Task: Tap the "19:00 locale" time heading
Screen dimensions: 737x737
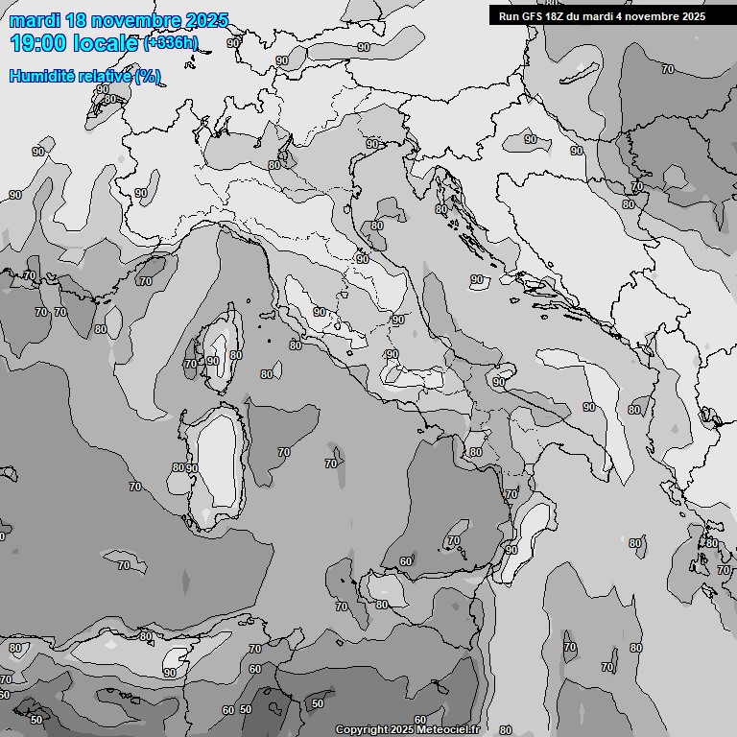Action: tap(73, 42)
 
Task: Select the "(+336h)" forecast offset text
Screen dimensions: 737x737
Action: tap(171, 42)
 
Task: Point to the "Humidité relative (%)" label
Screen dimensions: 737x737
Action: tap(84, 76)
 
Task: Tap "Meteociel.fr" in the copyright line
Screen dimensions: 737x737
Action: tap(445, 729)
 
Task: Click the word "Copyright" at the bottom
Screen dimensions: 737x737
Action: tap(362, 729)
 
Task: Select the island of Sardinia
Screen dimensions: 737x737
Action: tap(219, 461)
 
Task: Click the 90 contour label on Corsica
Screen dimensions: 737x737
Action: tap(213, 361)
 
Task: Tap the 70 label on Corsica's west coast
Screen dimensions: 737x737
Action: tap(190, 364)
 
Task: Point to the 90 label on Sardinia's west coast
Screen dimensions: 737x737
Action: tap(192, 468)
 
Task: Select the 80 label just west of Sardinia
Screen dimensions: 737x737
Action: tap(178, 467)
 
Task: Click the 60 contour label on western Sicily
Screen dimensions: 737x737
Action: tap(406, 561)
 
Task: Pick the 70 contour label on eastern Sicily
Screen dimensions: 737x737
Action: tap(453, 541)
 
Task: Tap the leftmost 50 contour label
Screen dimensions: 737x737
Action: tap(36, 719)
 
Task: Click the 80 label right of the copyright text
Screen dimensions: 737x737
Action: tap(506, 730)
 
